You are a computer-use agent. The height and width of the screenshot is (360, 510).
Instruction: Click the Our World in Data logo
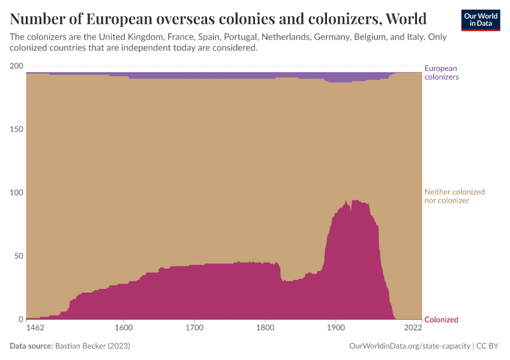pos(480,20)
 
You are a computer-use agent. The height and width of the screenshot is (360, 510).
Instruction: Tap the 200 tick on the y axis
pos(16,66)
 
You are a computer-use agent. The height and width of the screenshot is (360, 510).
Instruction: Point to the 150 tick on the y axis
pos(16,130)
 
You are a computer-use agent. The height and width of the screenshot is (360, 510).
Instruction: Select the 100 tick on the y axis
pos(16,193)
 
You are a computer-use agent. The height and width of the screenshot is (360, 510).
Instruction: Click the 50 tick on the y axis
pos(18,256)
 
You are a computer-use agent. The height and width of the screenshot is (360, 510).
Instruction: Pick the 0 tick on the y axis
pos(20,320)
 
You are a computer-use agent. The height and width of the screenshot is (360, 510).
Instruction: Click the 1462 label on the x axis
pos(35,328)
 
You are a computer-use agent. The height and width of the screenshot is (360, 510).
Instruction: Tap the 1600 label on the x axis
pos(123,328)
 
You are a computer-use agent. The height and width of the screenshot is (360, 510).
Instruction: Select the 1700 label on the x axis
pos(194,328)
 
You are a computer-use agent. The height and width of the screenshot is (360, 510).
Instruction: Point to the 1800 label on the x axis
pos(265,328)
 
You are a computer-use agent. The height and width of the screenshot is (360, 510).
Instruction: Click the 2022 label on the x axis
pos(413,328)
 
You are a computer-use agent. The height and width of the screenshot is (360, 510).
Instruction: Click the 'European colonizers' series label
pos(441,73)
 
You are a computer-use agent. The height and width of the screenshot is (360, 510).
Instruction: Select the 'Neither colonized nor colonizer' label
pos(454,196)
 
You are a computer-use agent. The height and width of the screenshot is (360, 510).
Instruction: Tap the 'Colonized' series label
pos(441,320)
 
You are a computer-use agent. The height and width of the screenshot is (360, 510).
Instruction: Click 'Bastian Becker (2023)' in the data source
pos(92,346)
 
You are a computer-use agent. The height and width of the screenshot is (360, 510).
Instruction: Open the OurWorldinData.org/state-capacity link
pos(410,346)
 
